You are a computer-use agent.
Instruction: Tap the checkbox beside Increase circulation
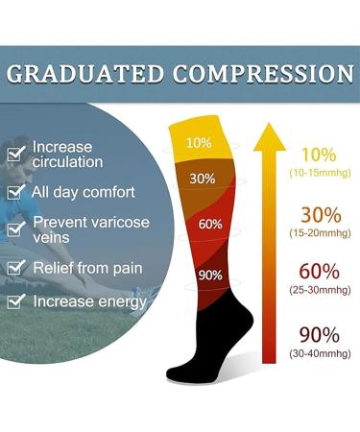tap(15, 154)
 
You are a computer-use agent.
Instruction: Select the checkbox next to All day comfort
tap(15, 192)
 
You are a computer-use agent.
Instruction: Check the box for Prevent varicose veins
tap(15, 228)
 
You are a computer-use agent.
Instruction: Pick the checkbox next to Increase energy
tap(15, 302)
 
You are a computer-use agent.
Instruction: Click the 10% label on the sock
tap(199, 143)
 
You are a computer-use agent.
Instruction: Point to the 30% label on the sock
tap(202, 178)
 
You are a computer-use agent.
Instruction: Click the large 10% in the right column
tap(319, 155)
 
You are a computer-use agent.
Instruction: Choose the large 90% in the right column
tap(319, 335)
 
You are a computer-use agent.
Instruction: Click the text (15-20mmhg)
tap(319, 231)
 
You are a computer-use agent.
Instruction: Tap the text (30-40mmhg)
tap(319, 353)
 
